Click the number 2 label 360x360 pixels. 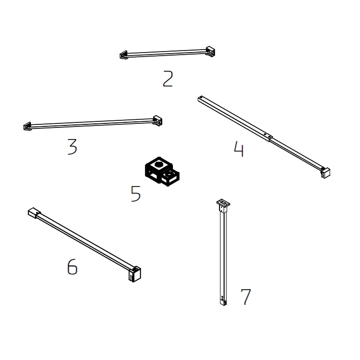(168, 79)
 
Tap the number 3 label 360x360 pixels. (72, 147)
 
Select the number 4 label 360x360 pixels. (239, 149)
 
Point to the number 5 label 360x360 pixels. (136, 194)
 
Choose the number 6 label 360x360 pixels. (72, 266)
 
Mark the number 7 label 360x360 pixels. (246, 297)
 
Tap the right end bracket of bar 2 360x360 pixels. (210, 52)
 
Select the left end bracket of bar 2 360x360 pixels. (123, 55)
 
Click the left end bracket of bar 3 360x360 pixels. (27, 126)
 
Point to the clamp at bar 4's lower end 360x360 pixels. (326, 172)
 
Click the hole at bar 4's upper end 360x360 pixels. (201, 98)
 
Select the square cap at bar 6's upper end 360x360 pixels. (34, 213)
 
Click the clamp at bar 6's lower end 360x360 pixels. (134, 274)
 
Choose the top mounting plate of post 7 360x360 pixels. (223, 203)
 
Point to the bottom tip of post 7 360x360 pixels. (223, 305)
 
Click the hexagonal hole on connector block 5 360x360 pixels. (159, 164)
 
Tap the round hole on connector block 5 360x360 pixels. (170, 174)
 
